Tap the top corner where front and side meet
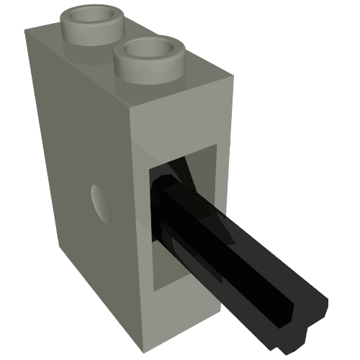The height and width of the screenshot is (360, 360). (x=130, y=109)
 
